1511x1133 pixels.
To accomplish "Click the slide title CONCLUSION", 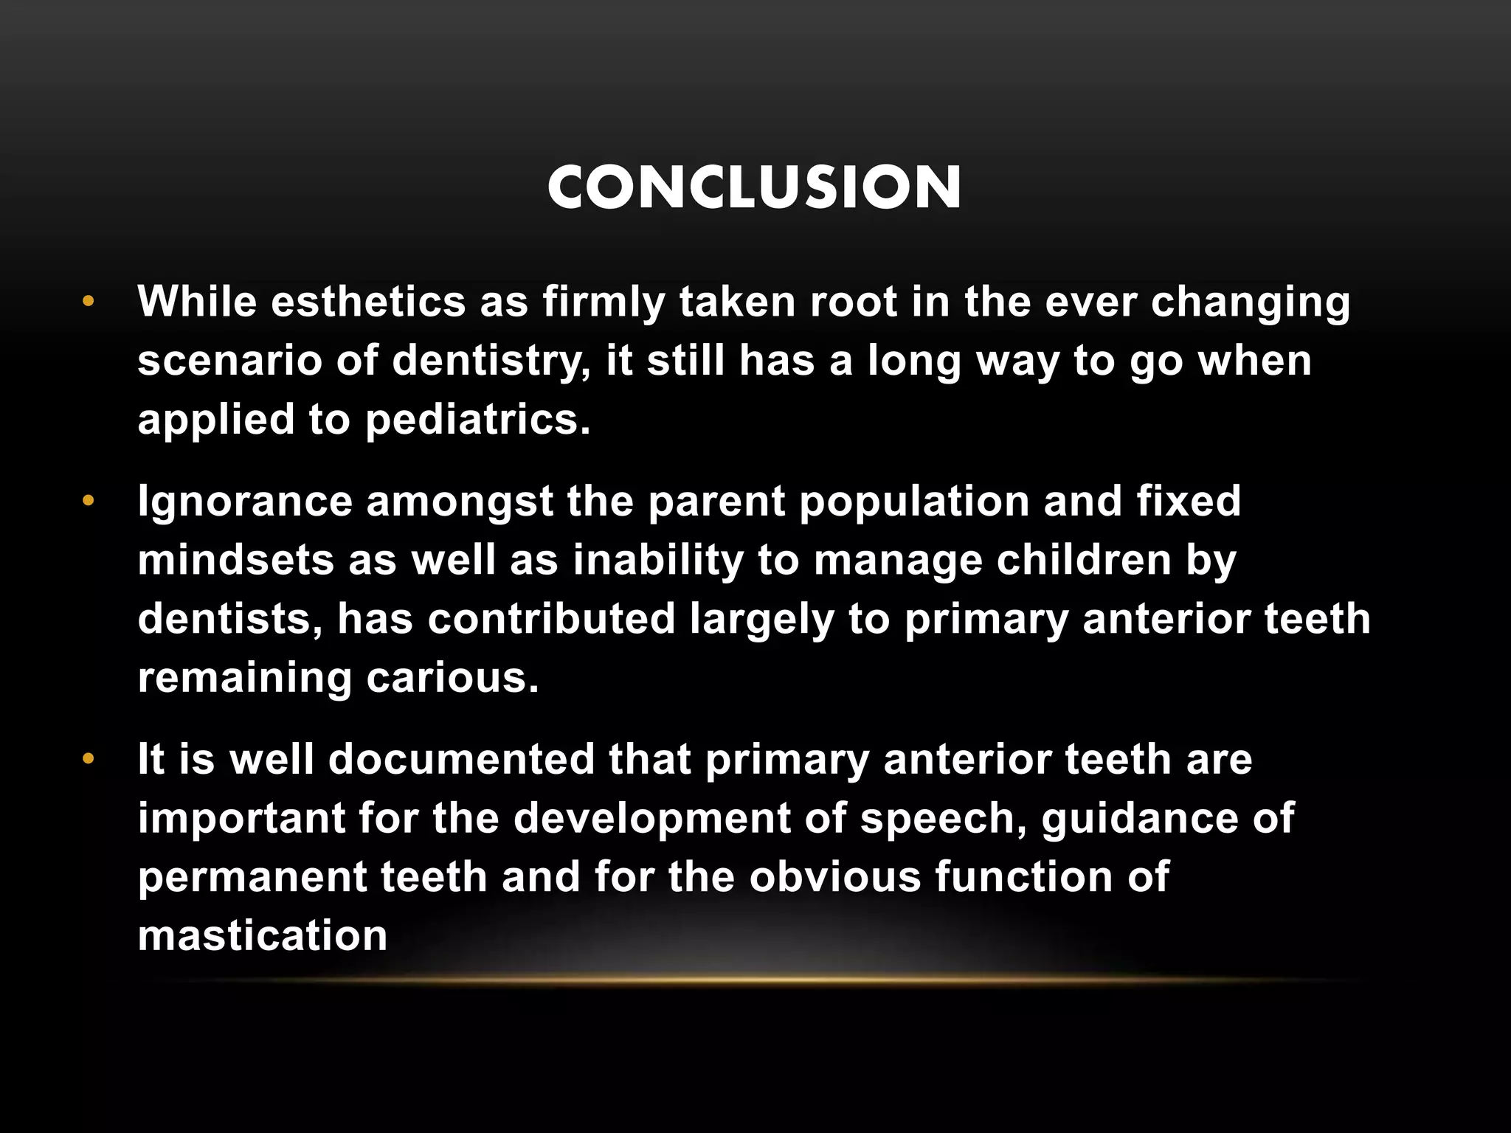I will tap(754, 187).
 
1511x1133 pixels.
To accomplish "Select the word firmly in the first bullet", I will tap(604, 302).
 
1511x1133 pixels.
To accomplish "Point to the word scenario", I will tap(229, 361).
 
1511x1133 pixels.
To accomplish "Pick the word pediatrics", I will tap(477, 420).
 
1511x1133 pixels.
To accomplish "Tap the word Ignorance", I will tap(245, 502).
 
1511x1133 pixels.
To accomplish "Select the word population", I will tap(914, 502).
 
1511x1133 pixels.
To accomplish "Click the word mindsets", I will tap(235, 560).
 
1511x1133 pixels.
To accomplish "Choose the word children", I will tap(1084, 560).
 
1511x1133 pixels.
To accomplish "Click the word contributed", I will tap(551, 619).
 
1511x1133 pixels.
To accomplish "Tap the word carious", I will tap(452, 678).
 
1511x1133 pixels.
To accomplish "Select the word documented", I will tap(461, 760).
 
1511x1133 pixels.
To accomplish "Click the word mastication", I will tap(263, 936).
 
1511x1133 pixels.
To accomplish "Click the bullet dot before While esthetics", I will tap(89, 302).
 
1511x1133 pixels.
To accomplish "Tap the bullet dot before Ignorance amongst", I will tap(89, 502).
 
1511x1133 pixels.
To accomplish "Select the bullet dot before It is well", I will tap(89, 760).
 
